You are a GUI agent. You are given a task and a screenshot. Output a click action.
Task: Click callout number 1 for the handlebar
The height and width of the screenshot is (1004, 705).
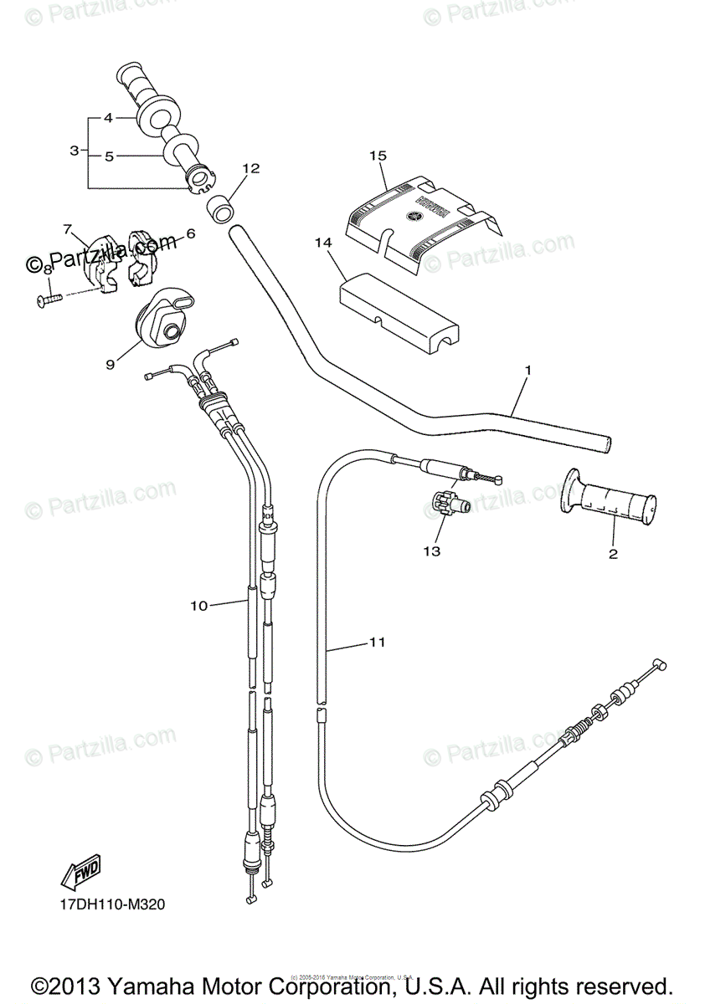pyautogui.click(x=528, y=370)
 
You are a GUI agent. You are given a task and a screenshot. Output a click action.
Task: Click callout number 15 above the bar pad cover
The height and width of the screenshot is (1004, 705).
pyautogui.click(x=378, y=156)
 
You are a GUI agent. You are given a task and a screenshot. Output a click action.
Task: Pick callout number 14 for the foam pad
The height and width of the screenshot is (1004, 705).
pyautogui.click(x=323, y=243)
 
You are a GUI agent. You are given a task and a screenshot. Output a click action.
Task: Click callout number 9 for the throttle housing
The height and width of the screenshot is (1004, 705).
pyautogui.click(x=110, y=365)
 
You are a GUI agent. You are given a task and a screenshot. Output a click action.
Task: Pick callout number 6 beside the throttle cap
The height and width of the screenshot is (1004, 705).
pyautogui.click(x=190, y=234)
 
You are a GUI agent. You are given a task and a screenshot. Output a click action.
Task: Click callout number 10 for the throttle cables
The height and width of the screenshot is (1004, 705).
pyautogui.click(x=198, y=606)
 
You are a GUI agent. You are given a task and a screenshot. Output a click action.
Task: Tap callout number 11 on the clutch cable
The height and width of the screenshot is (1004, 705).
pyautogui.click(x=377, y=643)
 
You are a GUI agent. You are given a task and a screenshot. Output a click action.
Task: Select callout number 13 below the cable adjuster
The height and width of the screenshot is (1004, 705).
pyautogui.click(x=431, y=551)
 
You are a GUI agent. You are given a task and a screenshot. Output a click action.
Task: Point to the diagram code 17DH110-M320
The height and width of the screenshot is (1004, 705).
pyautogui.click(x=106, y=905)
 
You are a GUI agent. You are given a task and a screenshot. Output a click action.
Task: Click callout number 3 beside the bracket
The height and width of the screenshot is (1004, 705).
pyautogui.click(x=75, y=151)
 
